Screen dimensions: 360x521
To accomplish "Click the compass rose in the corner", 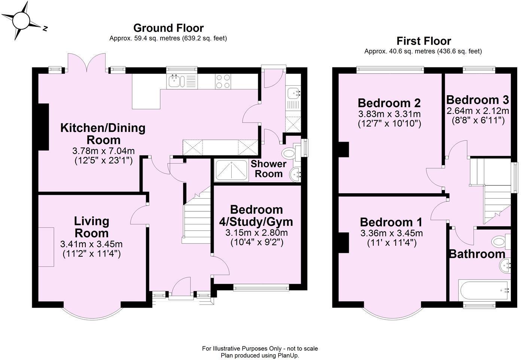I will pyautogui.click(x=22, y=21).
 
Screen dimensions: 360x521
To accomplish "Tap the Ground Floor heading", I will pyautogui.click(x=168, y=28).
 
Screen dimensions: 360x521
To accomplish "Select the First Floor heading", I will pyautogui.click(x=424, y=41).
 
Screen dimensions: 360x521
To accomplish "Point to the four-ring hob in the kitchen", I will pyautogui.click(x=223, y=81).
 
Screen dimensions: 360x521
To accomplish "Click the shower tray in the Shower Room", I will pyautogui.click(x=231, y=170).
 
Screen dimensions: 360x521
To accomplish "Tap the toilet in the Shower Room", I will pyautogui.click(x=291, y=152).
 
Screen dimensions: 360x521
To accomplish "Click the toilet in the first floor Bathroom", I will pyautogui.click(x=499, y=241).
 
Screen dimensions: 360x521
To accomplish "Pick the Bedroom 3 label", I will pyautogui.click(x=477, y=100).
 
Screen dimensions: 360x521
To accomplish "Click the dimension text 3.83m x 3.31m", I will pyautogui.click(x=389, y=114).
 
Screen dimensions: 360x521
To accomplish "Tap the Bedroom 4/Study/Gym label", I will pyautogui.click(x=256, y=215).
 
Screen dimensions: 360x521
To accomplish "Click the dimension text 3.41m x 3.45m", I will pyautogui.click(x=91, y=244).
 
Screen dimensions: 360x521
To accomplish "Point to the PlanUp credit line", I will pyautogui.click(x=260, y=356).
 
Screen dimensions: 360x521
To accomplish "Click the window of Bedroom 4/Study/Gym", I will pyautogui.click(x=261, y=287).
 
